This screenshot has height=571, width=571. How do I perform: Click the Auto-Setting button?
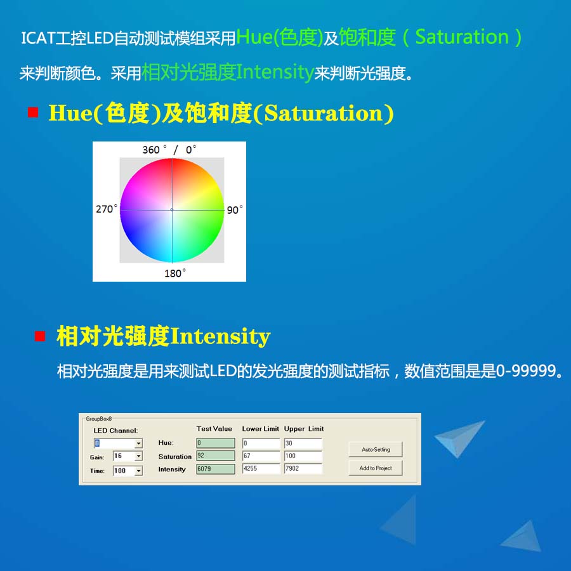click(376, 449)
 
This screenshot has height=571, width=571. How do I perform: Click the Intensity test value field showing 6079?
click(215, 469)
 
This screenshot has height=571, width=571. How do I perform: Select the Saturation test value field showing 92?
click(215, 456)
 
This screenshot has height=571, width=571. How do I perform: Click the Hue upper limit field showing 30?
click(303, 443)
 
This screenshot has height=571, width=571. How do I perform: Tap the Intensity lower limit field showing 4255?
click(261, 469)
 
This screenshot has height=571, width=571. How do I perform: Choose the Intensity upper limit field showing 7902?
click(303, 469)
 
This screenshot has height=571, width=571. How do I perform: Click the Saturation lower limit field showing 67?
click(261, 456)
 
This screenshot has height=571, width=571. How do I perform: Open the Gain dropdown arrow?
click(139, 456)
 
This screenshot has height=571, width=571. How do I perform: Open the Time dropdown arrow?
click(139, 471)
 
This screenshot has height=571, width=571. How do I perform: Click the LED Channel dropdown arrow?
click(139, 443)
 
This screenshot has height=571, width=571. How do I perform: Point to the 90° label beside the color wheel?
click(234, 210)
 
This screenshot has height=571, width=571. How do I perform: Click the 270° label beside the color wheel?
click(107, 209)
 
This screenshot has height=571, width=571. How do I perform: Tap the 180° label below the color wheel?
click(175, 273)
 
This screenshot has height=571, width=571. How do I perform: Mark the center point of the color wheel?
click(172, 209)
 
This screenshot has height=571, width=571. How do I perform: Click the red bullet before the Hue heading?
click(34, 113)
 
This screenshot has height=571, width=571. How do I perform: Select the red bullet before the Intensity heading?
click(40, 336)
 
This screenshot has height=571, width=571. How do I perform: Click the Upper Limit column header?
click(304, 429)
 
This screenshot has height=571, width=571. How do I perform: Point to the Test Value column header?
click(214, 429)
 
